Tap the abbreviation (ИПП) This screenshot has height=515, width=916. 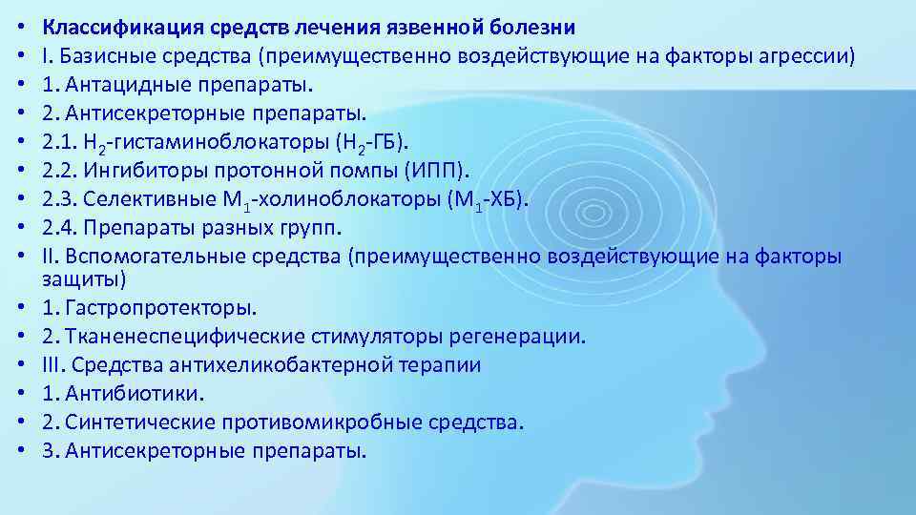pos(438,171)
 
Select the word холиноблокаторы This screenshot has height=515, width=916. pos(333,199)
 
